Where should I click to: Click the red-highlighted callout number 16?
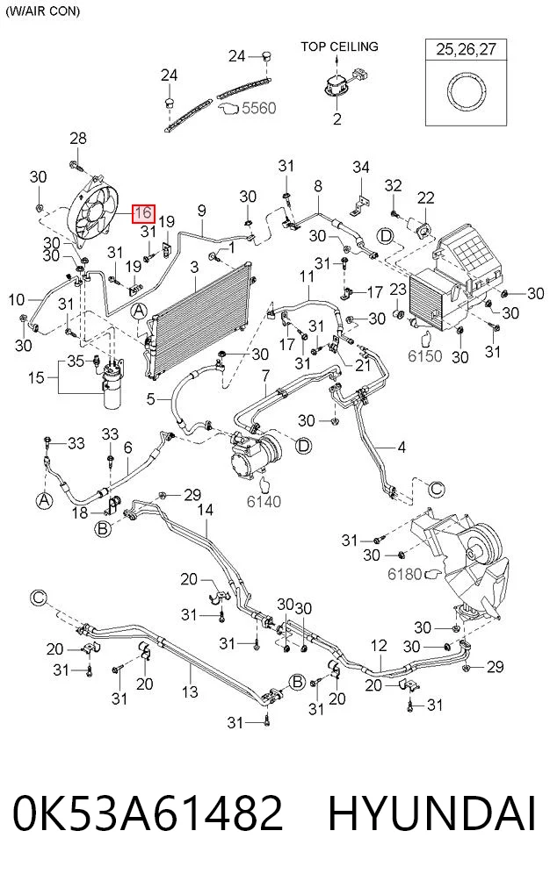[143, 212]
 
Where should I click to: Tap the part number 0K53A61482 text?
[148, 813]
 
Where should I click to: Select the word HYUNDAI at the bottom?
[432, 813]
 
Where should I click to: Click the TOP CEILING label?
[339, 47]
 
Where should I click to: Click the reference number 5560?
[258, 107]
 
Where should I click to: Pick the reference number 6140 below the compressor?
[264, 501]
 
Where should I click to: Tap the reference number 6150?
[424, 355]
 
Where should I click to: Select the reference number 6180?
[404, 574]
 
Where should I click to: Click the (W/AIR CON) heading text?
[43, 11]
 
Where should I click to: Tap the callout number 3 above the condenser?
[194, 267]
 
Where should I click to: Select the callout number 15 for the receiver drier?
[36, 377]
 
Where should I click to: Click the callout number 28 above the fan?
[78, 138]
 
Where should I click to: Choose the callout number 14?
[206, 510]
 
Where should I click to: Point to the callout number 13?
[190, 691]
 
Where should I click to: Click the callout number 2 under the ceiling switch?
[337, 118]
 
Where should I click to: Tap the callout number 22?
[426, 197]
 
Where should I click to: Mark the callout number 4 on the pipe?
[402, 448]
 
